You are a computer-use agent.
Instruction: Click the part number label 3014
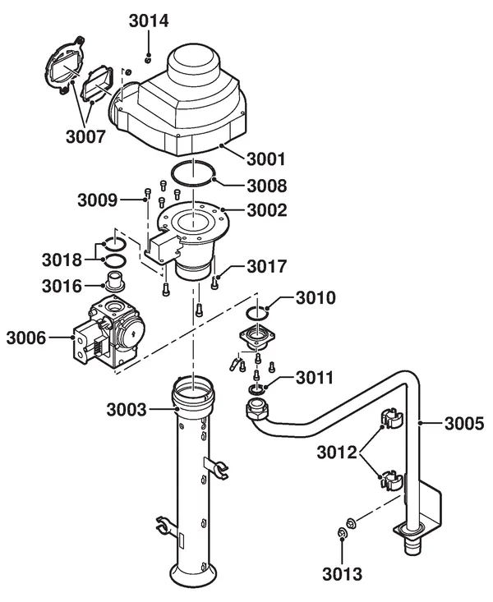(x=149, y=21)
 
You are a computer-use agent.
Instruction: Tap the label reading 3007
(x=85, y=136)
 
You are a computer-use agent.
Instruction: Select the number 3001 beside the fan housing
(x=266, y=159)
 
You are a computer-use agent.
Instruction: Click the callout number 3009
(x=97, y=200)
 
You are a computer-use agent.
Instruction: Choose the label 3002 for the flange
(x=267, y=210)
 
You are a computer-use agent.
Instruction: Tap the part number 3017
(x=267, y=266)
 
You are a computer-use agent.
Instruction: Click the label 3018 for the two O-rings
(x=62, y=260)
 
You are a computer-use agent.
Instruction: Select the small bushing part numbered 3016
(x=113, y=281)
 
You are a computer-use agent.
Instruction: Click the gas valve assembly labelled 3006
(x=109, y=332)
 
